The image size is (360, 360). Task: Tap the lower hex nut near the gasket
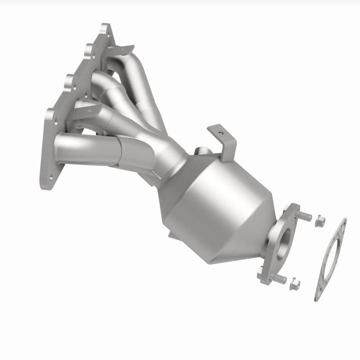tap(295, 283)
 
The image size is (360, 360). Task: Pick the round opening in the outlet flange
tap(282, 245)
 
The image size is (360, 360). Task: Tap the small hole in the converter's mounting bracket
tap(219, 133)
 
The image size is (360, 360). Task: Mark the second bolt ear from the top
tap(88, 49)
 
